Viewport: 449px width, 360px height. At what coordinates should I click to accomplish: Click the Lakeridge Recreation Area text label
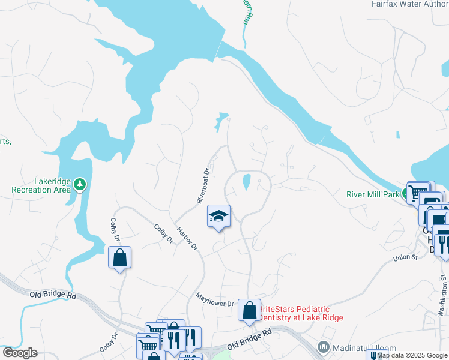coord(41,186)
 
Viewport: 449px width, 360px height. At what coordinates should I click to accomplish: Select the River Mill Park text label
coord(372,194)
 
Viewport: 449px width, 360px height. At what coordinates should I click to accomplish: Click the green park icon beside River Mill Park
coord(406,194)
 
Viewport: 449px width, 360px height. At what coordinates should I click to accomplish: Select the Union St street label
coord(405,257)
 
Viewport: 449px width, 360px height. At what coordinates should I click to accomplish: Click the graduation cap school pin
coord(219,216)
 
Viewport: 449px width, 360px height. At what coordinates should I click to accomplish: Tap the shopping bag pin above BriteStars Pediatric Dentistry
coord(249,310)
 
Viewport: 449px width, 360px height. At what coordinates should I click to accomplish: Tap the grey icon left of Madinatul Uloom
coord(324,347)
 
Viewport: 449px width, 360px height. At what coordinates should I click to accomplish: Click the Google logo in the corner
coord(19,353)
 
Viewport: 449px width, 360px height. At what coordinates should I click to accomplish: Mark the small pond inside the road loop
coord(246,181)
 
